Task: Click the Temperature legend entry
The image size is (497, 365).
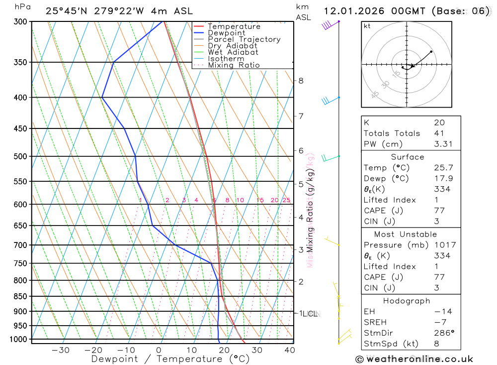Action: (x=234, y=26)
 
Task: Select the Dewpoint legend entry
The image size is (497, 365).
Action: (x=226, y=33)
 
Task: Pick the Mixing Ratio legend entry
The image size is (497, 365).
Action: (x=234, y=65)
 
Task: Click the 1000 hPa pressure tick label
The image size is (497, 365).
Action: (x=17, y=339)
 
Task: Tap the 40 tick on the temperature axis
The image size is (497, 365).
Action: (x=289, y=350)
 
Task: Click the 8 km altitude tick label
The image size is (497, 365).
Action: (x=301, y=81)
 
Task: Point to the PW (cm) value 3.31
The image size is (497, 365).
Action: (x=442, y=144)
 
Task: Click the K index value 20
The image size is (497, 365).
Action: (x=439, y=122)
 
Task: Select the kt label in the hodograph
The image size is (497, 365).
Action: (x=367, y=26)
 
